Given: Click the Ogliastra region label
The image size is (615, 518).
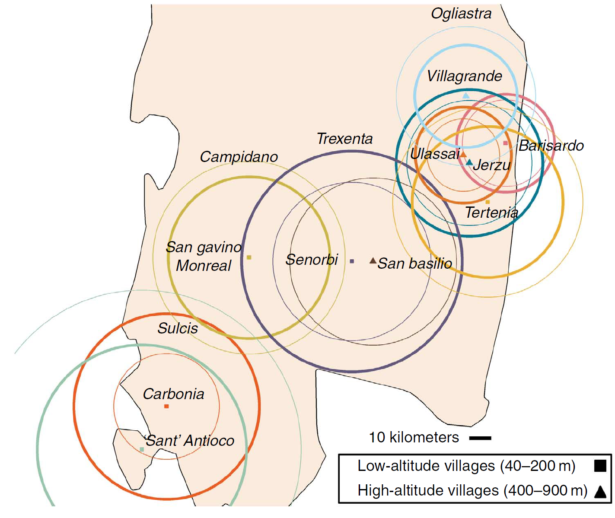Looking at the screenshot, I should (461, 14).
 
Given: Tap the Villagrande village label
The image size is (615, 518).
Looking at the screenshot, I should (464, 76).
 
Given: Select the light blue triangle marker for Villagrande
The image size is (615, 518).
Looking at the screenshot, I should (465, 95).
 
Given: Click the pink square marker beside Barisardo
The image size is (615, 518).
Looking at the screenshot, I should (506, 143).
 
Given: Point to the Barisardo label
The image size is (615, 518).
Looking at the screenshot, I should (551, 146).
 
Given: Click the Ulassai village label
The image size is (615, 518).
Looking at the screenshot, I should (435, 154).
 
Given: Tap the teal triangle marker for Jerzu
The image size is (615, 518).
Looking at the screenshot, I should (469, 162).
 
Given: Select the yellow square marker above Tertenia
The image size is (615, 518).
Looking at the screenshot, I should (488, 202).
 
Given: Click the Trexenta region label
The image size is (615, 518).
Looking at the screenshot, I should (344, 139).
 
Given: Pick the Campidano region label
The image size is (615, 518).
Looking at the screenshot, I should (239, 157).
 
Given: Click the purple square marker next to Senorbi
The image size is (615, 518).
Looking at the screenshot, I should (352, 261).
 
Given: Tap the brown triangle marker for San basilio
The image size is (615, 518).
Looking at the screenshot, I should (373, 261).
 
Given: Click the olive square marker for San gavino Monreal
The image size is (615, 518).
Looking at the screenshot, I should (249, 257).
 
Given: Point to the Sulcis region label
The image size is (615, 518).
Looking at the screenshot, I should (178, 328).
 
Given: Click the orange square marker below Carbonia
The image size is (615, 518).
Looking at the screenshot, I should (166, 406).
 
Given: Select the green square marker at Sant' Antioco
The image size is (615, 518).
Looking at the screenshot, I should (142, 449).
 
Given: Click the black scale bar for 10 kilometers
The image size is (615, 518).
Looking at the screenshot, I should (480, 438).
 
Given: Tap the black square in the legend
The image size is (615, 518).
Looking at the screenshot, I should (600, 466).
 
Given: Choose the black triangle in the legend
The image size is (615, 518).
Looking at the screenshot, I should (600, 492).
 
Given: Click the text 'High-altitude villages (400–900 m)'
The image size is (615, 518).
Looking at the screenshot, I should (472, 491).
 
